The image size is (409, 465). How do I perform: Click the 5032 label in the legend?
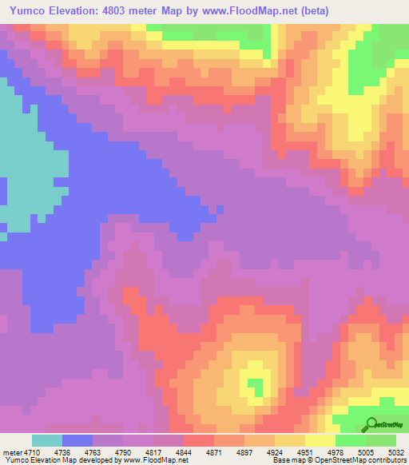396,451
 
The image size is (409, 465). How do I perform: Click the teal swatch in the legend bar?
47,440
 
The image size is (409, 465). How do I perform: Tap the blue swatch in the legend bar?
77,440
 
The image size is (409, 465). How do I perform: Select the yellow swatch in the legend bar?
320,440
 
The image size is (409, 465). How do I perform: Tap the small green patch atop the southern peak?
256,387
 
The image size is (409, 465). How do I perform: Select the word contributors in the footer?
387,460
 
